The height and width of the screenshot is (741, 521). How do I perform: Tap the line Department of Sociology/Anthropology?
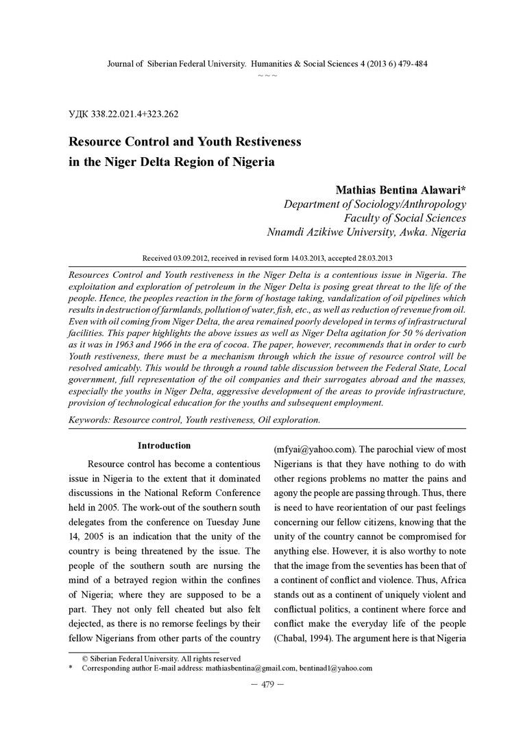[375, 204]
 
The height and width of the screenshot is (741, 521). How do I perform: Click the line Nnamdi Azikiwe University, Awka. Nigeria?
[367, 233]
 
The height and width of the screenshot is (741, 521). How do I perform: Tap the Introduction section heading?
[165, 445]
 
